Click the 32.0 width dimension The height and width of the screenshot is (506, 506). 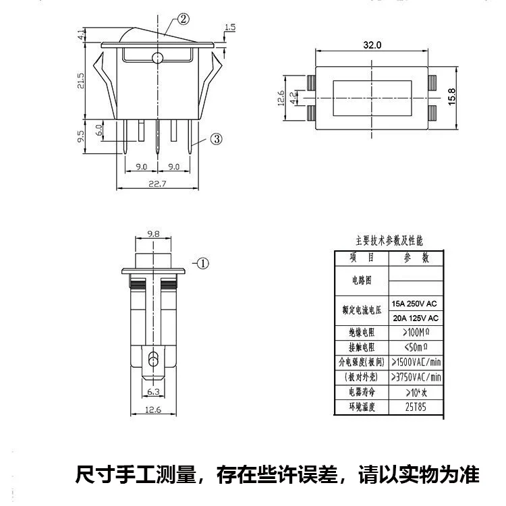pos(372,45)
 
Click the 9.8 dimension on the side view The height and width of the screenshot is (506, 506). pos(153,235)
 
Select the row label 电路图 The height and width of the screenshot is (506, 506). pos(362,280)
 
